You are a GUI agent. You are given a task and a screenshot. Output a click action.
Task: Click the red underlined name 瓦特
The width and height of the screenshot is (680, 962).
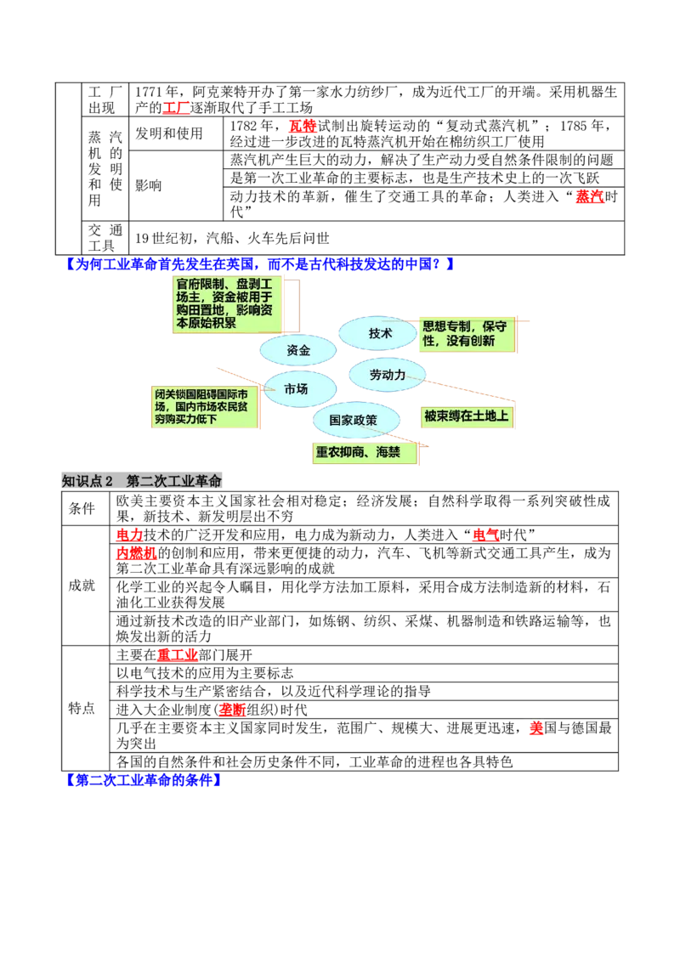pos(302,126)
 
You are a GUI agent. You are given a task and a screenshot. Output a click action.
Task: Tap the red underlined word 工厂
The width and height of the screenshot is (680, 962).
pos(176,108)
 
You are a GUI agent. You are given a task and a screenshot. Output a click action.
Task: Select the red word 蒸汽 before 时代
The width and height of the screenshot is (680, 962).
pos(589,196)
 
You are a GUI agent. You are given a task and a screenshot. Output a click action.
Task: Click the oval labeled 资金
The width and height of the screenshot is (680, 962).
pos(298,350)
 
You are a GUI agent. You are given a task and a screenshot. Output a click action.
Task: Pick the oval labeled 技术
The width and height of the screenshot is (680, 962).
pos(379,333)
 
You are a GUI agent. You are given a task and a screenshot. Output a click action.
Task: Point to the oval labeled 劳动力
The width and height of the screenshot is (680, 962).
pos(388,374)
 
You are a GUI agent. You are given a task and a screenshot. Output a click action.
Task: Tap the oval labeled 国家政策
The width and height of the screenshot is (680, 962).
pos(355,421)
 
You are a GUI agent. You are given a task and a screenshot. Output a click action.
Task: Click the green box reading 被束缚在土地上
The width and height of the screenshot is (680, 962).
pos(467,416)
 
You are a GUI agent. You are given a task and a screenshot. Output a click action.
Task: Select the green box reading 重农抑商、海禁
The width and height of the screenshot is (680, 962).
pos(365,453)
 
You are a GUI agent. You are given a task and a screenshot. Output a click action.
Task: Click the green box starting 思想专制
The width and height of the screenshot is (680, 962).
pos(467,334)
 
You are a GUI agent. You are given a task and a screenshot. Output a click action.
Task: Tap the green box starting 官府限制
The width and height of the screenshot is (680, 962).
pos(227,304)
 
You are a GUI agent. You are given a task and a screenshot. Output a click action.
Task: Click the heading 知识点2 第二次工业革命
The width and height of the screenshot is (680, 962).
pos(142,481)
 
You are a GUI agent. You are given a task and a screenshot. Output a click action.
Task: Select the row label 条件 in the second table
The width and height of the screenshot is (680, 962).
pos(82,508)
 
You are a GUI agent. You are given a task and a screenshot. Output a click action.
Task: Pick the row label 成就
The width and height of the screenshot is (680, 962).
pos(82,586)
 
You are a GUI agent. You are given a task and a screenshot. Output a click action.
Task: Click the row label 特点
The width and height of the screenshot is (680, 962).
pos(82,708)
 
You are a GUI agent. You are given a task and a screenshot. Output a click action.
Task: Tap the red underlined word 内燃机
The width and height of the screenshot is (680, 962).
pos(136,552)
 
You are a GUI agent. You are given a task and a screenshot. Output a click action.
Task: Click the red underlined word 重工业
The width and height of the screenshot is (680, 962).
pos(178,655)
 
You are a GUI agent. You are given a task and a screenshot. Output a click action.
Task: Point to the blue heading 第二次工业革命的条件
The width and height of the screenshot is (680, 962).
pos(144,780)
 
